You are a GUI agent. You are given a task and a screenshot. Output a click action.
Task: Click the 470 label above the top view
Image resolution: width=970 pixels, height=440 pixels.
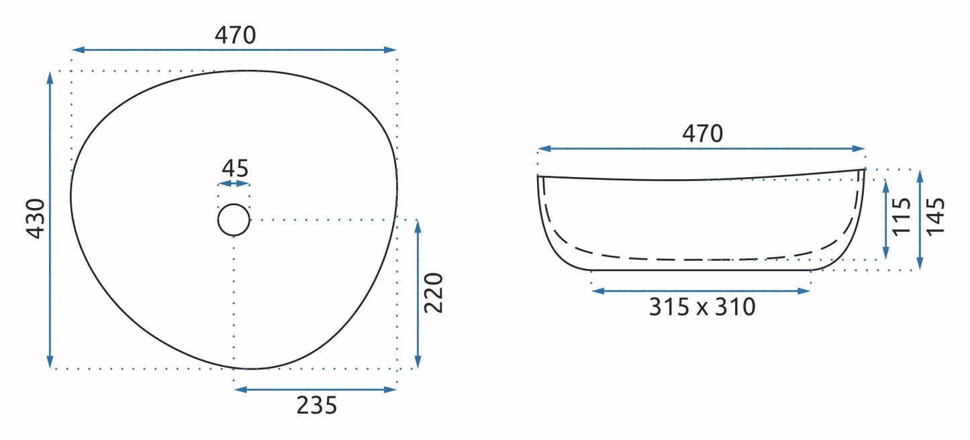coord(235,36)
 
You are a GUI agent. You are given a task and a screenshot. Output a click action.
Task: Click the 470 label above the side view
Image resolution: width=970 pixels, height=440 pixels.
coord(702,133)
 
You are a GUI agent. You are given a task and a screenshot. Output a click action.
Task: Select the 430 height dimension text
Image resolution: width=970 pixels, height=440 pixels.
coord(36,219)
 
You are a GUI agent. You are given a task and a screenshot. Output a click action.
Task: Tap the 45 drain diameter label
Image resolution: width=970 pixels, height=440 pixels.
coord(235,168)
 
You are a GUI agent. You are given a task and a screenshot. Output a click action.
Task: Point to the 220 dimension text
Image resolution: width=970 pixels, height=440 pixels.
coord(434,293)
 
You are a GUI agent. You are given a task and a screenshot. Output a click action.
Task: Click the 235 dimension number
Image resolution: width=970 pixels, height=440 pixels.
coord(317,405)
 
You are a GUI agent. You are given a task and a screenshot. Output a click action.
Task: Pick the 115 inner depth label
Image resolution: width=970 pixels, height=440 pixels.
coord(902,217)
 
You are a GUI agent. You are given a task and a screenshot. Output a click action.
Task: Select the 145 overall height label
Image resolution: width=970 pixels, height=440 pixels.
coord(935,217)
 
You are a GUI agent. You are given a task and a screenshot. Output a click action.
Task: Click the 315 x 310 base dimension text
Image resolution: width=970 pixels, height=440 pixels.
coord(702,307)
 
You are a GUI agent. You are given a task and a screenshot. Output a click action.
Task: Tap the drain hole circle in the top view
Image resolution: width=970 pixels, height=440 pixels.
coord(234,204)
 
